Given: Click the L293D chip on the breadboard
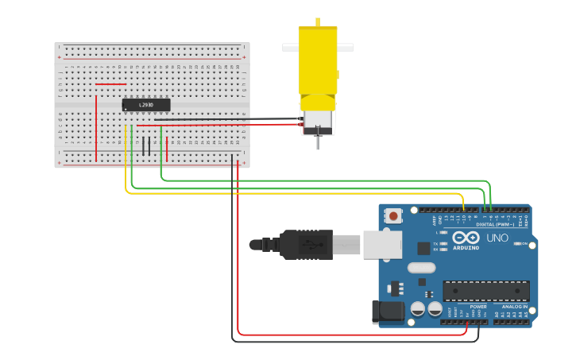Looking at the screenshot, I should pos(146,105).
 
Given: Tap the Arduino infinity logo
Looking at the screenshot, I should pos(466,238).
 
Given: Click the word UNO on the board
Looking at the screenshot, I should pos(497,238).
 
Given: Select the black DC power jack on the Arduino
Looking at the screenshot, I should pos(386,312).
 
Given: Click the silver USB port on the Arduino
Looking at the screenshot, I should pos(382,245).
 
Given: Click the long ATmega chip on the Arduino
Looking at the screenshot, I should pos(485,291).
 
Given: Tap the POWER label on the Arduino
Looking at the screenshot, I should pos(478,307).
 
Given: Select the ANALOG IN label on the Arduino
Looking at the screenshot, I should pos(514,307).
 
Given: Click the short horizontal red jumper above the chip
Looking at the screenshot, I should pos(110,84).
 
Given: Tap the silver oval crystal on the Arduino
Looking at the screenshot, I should pos(422,268).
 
